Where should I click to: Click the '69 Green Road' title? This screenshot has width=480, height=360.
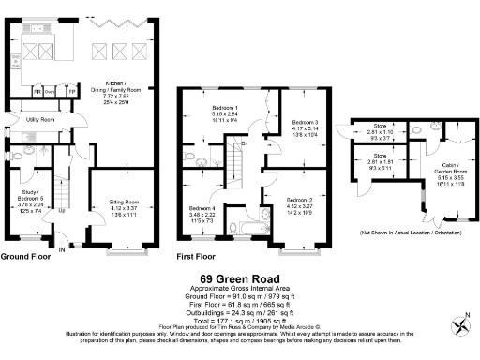pos(239,278)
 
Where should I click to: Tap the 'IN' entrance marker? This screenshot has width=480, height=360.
pos(63,249)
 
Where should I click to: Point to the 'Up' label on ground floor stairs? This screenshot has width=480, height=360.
pos(63,210)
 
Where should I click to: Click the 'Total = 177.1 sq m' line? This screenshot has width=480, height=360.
pos(239,318)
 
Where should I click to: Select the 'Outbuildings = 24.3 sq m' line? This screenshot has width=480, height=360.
pos(239,309)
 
